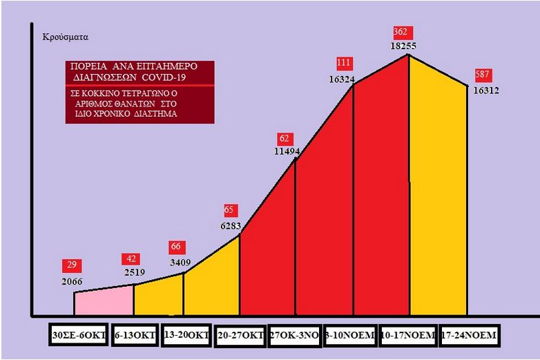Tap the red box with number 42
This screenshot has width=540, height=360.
(131, 259)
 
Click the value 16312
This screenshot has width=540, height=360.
(486, 90)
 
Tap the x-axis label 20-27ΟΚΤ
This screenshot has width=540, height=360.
(240, 336)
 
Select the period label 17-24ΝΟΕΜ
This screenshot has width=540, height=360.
(468, 336)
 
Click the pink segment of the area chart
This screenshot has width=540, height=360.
(104, 301)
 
